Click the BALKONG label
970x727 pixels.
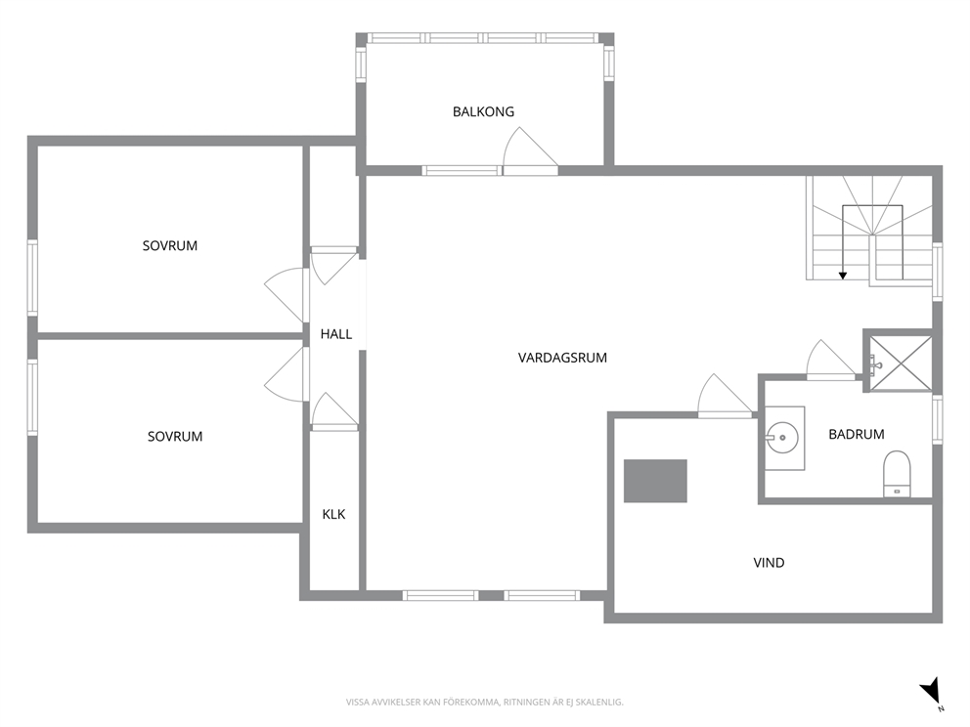(483, 112)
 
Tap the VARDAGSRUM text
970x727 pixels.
(562, 358)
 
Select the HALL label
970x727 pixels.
(336, 334)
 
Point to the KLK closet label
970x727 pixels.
(333, 514)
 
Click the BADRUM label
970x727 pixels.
(857, 434)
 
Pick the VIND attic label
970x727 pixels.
(769, 563)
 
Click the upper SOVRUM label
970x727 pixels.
(170, 245)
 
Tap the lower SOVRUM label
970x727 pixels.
(175, 437)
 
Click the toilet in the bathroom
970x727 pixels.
(897, 474)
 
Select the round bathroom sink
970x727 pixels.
(782, 438)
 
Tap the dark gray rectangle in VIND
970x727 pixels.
(655, 481)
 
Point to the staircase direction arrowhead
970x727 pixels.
(843, 276)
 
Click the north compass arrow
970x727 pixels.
(931, 690)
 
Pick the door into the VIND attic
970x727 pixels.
(725, 395)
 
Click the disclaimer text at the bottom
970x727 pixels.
(484, 703)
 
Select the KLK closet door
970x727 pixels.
(334, 409)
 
